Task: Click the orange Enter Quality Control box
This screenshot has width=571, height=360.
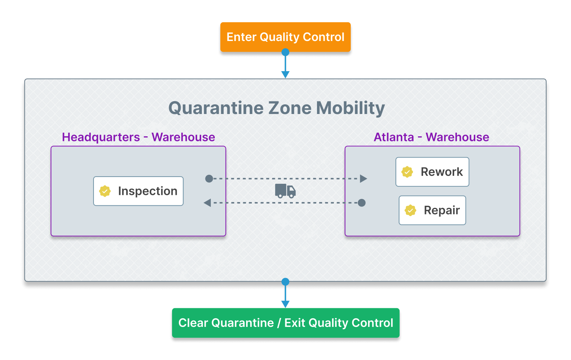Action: [285, 37]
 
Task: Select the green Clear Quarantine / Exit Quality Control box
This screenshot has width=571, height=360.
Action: [286, 323]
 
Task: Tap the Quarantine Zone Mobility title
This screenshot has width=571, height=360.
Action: [277, 108]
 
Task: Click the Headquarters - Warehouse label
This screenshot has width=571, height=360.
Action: [139, 137]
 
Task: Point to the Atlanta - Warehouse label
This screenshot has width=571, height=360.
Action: [431, 137]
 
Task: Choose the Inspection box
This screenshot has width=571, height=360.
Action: [139, 191]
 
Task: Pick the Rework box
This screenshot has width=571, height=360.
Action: [432, 172]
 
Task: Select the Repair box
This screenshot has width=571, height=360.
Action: [432, 210]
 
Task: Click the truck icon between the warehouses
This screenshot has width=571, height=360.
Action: [285, 191]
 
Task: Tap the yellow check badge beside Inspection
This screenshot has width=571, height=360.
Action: [105, 191]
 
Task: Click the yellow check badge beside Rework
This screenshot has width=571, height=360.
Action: [407, 172]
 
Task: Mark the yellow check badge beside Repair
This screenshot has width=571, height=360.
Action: [411, 210]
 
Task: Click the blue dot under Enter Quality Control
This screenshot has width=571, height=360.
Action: [285, 52]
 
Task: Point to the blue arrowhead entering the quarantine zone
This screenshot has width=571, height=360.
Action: [285, 75]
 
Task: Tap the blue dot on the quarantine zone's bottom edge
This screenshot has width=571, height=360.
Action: [285, 282]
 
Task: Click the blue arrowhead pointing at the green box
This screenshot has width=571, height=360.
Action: [285, 304]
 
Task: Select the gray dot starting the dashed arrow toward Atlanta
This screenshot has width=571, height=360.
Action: [209, 179]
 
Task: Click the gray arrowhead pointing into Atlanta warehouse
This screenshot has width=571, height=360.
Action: [363, 179]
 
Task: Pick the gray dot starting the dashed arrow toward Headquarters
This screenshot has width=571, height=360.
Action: [362, 203]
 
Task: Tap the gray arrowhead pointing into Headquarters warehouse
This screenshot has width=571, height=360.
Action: [207, 203]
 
